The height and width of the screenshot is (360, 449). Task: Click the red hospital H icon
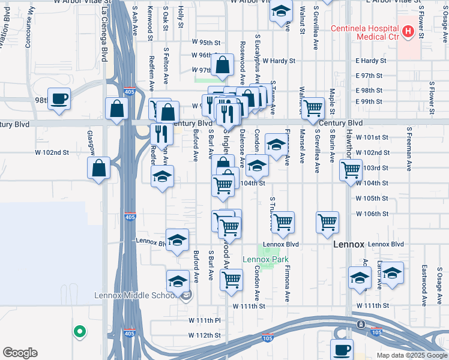point(408,31)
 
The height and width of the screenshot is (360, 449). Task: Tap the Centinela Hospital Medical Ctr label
point(369,32)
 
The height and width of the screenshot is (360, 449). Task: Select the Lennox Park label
point(261,259)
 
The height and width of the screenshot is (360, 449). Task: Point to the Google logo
point(20,353)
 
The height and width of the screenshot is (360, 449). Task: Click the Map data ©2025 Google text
point(411,355)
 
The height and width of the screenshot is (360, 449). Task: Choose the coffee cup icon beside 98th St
point(59,98)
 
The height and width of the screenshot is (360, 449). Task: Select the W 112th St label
point(205,335)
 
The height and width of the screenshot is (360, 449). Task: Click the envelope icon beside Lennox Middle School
point(187,294)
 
